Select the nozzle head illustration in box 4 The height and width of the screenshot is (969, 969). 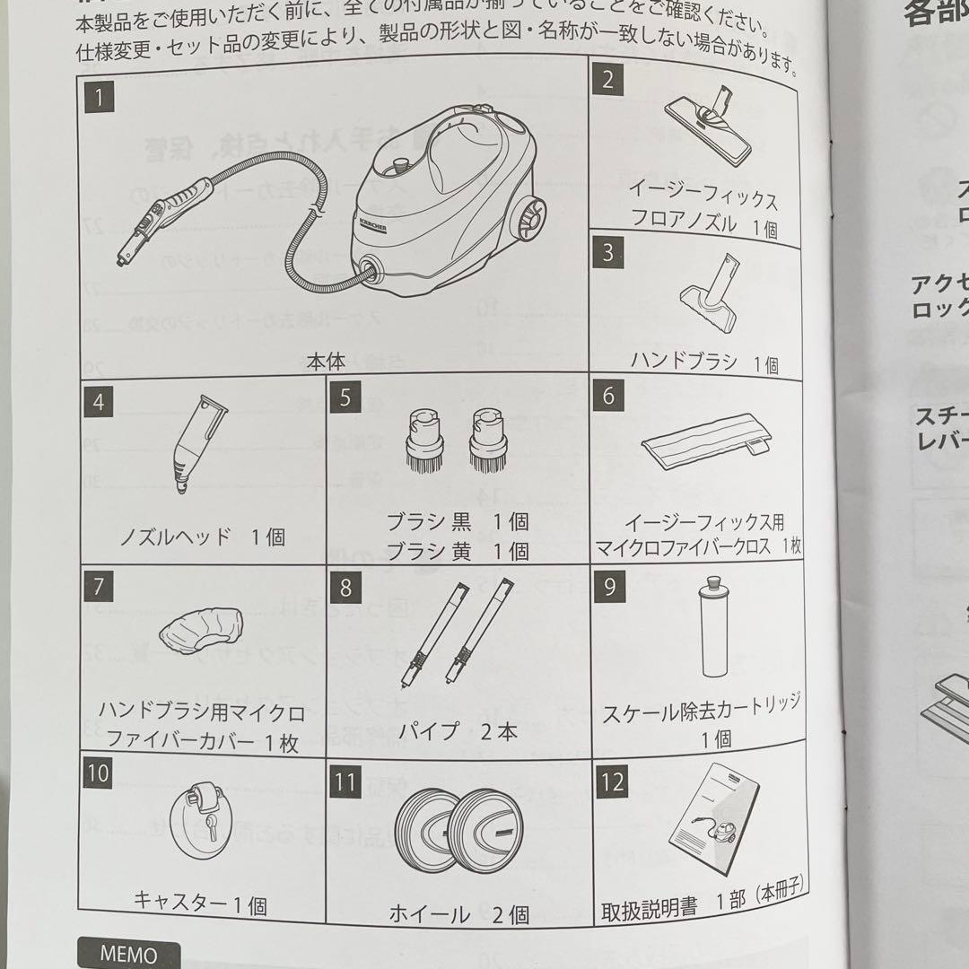click(x=196, y=444)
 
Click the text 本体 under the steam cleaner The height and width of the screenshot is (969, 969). click(x=325, y=362)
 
